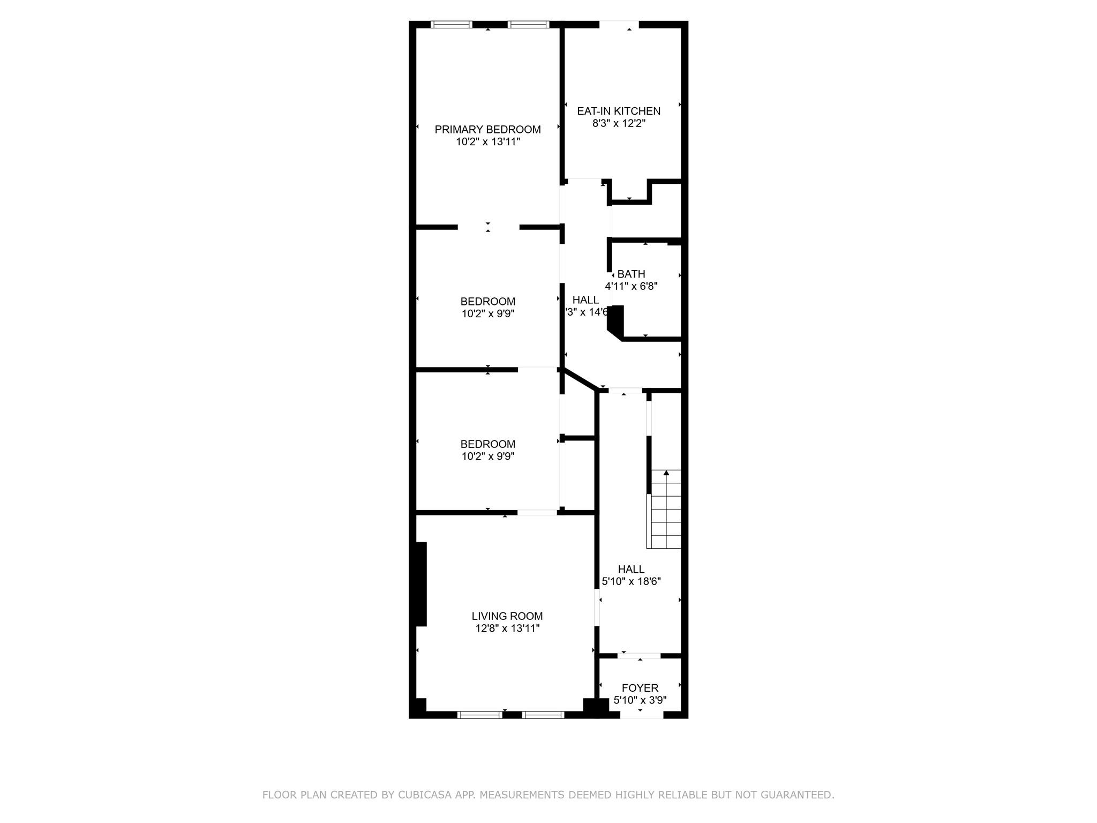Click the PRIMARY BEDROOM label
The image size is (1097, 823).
pyautogui.click(x=487, y=129)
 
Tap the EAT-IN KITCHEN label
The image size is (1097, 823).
pyautogui.click(x=619, y=111)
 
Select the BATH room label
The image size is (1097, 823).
pyautogui.click(x=631, y=274)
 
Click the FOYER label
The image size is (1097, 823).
pyautogui.click(x=640, y=687)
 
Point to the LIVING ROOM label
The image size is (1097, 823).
pyautogui.click(x=507, y=616)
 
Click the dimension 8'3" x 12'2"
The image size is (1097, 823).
pyautogui.click(x=619, y=123)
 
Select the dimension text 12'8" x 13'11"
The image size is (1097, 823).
pyautogui.click(x=507, y=629)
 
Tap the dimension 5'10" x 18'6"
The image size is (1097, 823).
pyautogui.click(x=631, y=581)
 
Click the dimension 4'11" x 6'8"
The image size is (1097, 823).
pyautogui.click(x=631, y=286)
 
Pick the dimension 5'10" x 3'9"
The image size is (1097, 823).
pyautogui.click(x=640, y=700)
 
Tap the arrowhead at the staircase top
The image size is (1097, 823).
pyautogui.click(x=666, y=473)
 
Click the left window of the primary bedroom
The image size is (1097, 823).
pyautogui.click(x=451, y=24)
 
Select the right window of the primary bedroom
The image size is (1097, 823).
pyautogui.click(x=528, y=24)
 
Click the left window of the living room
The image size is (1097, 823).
pyautogui.click(x=479, y=714)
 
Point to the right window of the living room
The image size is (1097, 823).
pyautogui.click(x=543, y=714)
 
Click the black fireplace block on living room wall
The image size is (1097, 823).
pyautogui.click(x=419, y=584)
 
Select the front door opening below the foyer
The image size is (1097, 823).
pyautogui.click(x=642, y=715)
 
